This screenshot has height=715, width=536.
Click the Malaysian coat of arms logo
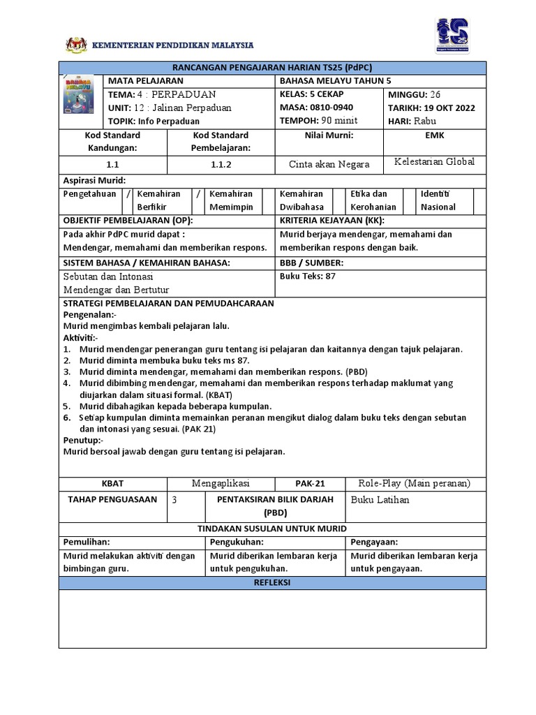[x=74, y=45]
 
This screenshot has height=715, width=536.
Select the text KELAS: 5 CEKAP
[x=311, y=94]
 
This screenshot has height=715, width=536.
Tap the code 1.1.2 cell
[x=221, y=165]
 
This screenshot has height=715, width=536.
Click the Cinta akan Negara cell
[x=329, y=165]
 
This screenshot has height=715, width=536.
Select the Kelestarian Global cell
[x=434, y=162]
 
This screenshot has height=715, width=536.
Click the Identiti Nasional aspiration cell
[x=438, y=200]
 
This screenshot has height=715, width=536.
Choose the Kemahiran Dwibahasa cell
[x=301, y=200]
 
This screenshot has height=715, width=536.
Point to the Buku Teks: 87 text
[x=308, y=276]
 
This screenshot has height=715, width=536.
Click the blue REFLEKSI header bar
[x=272, y=582]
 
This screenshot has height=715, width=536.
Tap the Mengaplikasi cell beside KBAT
[x=221, y=483]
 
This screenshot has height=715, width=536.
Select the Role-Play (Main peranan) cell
[x=414, y=483]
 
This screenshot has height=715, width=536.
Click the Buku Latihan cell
[x=380, y=500]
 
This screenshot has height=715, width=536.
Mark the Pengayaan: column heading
[x=374, y=541]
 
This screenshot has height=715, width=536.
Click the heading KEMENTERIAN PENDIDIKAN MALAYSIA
[x=173, y=45]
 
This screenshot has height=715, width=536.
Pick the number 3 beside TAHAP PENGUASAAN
[x=174, y=500]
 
